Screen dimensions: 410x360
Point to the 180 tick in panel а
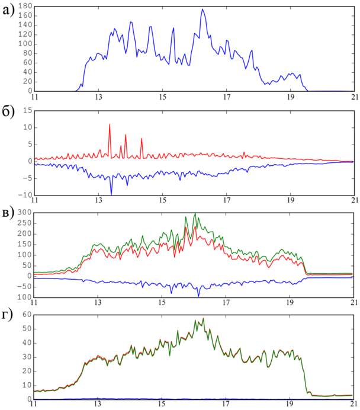click(24, 6)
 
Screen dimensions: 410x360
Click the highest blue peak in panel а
click(202, 9)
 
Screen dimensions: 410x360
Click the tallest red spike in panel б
click(110, 124)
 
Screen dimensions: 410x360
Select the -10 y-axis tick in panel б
click(25, 195)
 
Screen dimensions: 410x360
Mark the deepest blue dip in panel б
click(111, 194)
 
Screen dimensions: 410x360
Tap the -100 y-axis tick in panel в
click(22, 297)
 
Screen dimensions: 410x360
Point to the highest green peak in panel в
click(195, 214)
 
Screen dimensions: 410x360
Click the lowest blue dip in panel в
click(198, 295)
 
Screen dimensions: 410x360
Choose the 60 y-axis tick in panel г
click(26, 314)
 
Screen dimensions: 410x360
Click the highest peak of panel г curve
click(204, 319)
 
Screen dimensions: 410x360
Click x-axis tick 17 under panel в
click(226, 302)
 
